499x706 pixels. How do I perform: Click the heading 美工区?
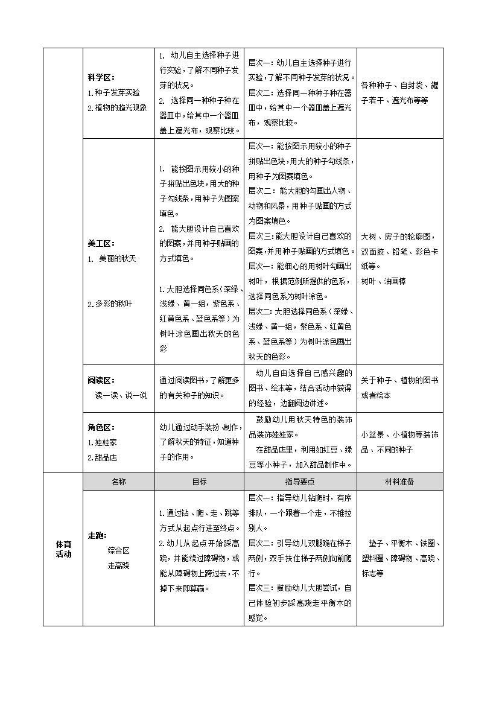[101, 244]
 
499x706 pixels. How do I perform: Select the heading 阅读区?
[101, 380]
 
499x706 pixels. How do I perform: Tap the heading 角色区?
[101, 427]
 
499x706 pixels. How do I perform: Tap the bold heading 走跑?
[97, 535]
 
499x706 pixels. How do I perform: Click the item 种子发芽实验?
[113, 93]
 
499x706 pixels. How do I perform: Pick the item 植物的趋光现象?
[117, 108]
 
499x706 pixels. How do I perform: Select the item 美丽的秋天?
[112, 259]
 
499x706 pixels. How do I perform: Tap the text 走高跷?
[118, 566]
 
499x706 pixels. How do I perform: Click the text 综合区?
[118, 550]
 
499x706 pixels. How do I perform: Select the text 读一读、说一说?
[121, 395]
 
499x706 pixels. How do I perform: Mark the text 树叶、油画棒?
[383, 281]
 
